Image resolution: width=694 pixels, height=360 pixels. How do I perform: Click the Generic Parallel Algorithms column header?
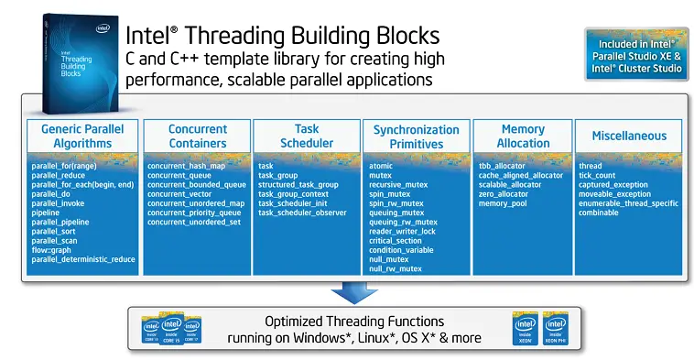[x=81, y=136]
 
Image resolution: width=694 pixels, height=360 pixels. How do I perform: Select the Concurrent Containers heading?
[x=197, y=136]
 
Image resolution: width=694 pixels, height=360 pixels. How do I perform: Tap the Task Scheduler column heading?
[x=307, y=136]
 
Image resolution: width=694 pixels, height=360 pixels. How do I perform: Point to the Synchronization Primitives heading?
[x=416, y=136]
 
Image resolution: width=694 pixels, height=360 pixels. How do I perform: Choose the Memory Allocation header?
[x=523, y=136]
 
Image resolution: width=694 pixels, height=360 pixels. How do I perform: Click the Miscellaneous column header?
[x=628, y=136]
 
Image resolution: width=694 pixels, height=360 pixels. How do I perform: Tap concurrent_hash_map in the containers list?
[x=186, y=165]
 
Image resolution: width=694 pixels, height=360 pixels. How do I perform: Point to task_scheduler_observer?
[x=302, y=212]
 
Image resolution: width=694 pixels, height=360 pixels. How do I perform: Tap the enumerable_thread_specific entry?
[x=628, y=202]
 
